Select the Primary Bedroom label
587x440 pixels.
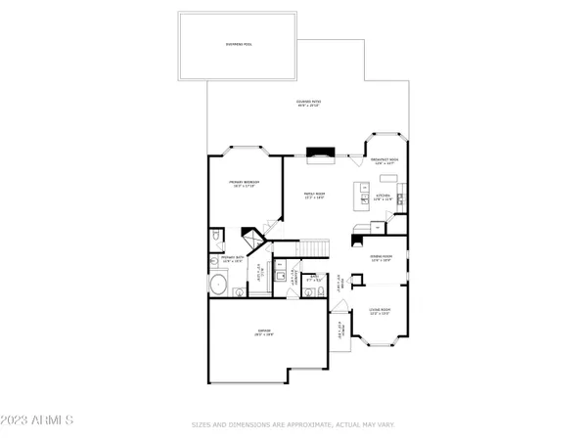(243, 184)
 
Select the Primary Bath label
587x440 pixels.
(231, 261)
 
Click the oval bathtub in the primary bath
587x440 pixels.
(218, 286)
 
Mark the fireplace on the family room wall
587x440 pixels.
(320, 153)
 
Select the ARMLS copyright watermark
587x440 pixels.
(39, 420)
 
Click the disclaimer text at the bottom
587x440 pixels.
(293, 425)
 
